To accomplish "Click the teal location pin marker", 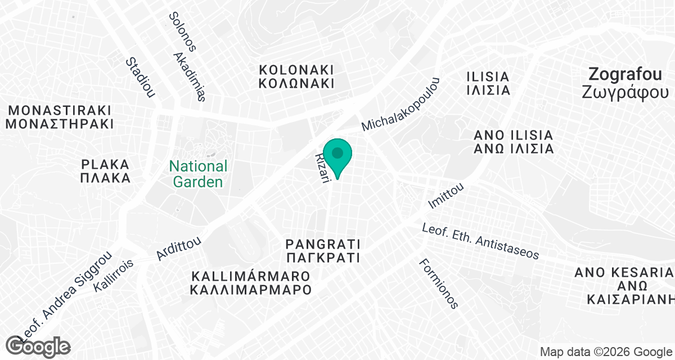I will coord(337,155).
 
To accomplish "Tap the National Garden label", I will coord(199,174).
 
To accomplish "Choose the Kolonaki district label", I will coord(296,76).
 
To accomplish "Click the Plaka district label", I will coord(105,171).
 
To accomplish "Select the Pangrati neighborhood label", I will coord(322,251).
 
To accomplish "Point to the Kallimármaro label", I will coord(251,283).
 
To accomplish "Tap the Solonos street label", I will coord(182,32).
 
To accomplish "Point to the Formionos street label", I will coord(439,283).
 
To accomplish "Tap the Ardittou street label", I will coord(179,247).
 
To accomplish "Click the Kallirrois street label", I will coord(114,275).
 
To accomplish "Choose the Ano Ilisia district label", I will coord(514,142).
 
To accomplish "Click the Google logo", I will coord(38,346).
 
